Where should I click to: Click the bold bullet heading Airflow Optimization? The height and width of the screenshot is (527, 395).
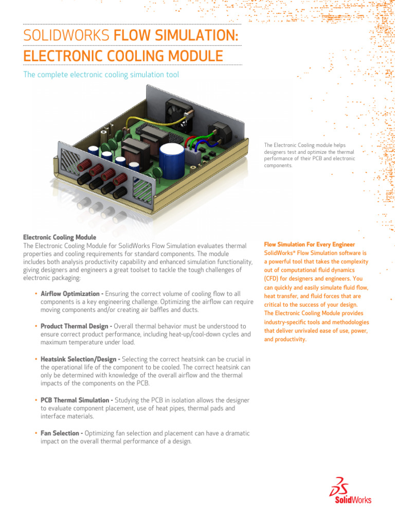pyautogui.click(x=72, y=293)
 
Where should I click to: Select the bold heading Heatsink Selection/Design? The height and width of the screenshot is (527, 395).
pyautogui.click(x=80, y=359)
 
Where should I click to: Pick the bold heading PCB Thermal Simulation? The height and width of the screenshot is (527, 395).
pyautogui.click(x=76, y=400)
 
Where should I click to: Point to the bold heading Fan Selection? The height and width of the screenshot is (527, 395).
pyautogui.click(x=62, y=433)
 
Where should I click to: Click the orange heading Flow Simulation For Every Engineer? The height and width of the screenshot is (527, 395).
pyautogui.click(x=309, y=244)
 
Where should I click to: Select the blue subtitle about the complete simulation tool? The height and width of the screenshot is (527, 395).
pyautogui.click(x=101, y=75)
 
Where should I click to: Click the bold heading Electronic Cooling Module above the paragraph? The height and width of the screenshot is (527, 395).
pyautogui.click(x=60, y=237)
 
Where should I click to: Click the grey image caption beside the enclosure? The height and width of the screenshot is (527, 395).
pyautogui.click(x=309, y=155)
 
